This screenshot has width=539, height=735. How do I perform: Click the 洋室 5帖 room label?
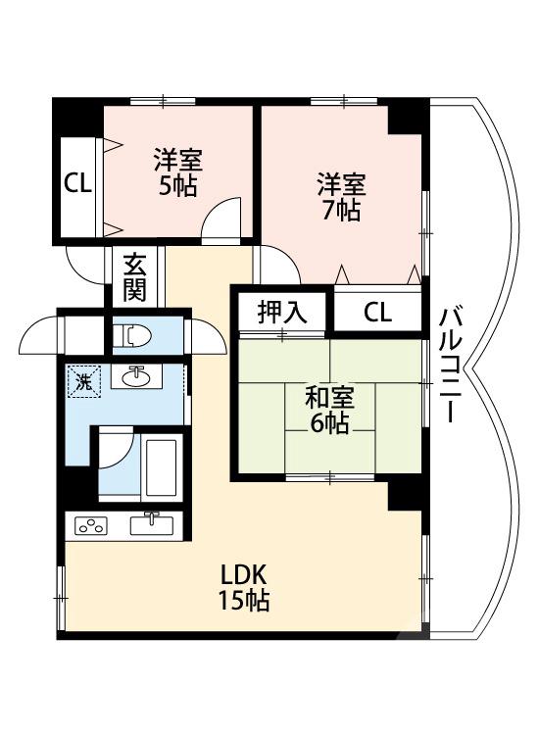(178, 172)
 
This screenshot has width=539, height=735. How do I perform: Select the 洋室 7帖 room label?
(339, 197)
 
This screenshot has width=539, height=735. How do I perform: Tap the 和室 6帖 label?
(329, 410)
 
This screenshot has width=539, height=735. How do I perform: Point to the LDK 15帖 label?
(245, 587)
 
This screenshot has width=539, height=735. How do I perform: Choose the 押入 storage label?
(282, 313)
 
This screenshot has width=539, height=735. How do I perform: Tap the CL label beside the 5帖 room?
(77, 183)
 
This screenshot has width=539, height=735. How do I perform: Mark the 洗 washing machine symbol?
(84, 381)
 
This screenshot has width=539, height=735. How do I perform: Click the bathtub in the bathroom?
(160, 468)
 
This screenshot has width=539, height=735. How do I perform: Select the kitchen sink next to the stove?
(152, 523)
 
